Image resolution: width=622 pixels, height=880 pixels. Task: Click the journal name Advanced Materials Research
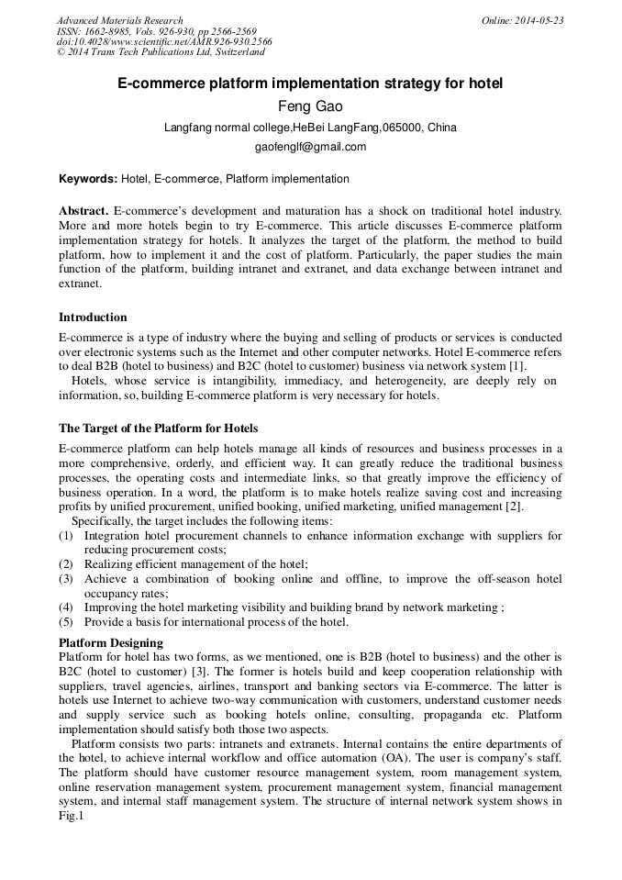pos(119,20)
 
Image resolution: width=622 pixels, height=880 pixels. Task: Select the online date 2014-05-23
pos(539,20)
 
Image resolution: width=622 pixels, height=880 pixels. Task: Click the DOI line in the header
pos(164,42)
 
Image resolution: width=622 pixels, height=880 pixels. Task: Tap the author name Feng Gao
pos(310,106)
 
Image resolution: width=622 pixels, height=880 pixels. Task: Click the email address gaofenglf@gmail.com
pos(310,147)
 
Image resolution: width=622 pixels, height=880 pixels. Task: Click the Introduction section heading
pos(93,317)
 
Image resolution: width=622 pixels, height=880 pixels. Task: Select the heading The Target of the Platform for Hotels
pos(158,429)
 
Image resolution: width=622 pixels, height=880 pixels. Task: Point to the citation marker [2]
pos(514,507)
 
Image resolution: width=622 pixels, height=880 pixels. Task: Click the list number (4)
pos(66,607)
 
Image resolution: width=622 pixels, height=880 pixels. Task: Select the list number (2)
pos(66,564)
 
